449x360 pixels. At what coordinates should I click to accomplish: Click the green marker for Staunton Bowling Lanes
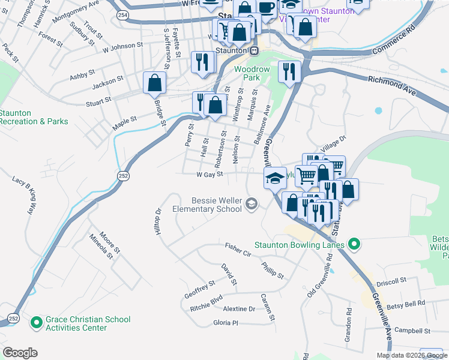(x=354, y=244)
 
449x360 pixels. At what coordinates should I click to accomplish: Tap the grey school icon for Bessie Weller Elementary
(x=251, y=205)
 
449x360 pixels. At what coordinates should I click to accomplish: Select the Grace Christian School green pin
(x=37, y=323)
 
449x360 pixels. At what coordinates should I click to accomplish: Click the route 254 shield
(x=122, y=14)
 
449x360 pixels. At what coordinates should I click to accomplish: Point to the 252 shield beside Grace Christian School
(x=13, y=317)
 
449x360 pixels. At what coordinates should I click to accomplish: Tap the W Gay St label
(x=209, y=175)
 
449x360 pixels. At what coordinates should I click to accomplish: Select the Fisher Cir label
(x=238, y=246)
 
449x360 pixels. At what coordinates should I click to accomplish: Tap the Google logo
(x=20, y=353)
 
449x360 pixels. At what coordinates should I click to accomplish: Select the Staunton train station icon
(x=254, y=52)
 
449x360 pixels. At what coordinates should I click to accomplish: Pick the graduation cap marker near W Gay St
(x=275, y=178)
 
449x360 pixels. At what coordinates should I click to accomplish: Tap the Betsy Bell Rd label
(x=405, y=303)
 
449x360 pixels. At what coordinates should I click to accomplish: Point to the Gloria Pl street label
(x=226, y=323)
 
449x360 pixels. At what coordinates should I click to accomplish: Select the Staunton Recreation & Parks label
(x=33, y=117)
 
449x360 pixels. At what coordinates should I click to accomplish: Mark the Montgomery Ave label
(x=75, y=13)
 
